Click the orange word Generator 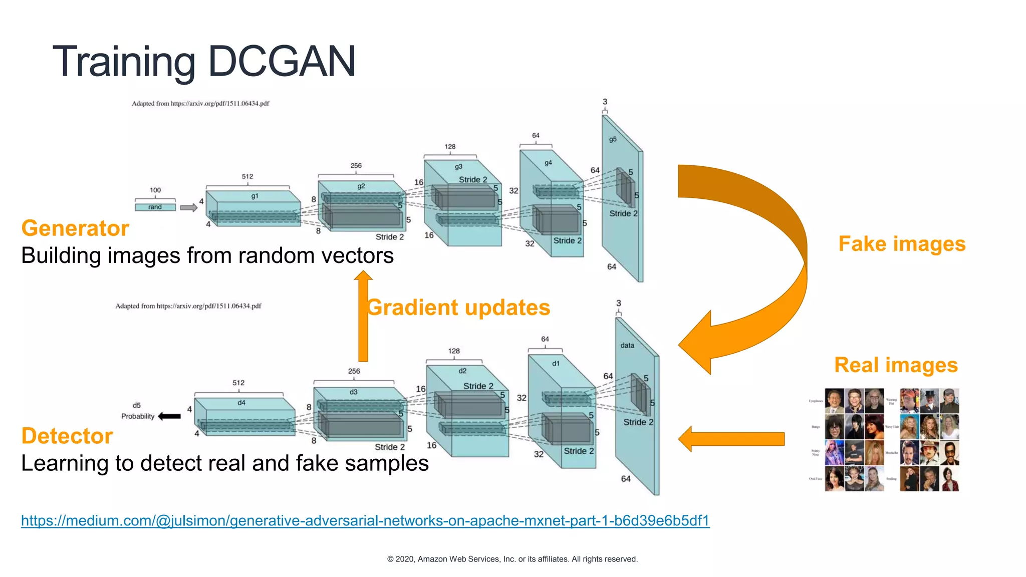coord(75,228)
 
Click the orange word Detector coord(67,436)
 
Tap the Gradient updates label coord(458,308)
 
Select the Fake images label coord(902,244)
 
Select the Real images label coord(896,365)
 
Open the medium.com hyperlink coord(365,520)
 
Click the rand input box coord(155,207)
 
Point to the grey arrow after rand coord(188,207)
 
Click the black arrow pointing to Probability coord(169,416)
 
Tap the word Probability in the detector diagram coord(138,416)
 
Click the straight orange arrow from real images coord(731,439)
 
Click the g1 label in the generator coord(254,196)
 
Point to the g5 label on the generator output coord(613,139)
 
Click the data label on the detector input coord(627,345)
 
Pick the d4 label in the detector coord(241,402)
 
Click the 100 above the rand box coord(155,190)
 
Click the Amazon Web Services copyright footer coord(512,559)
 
